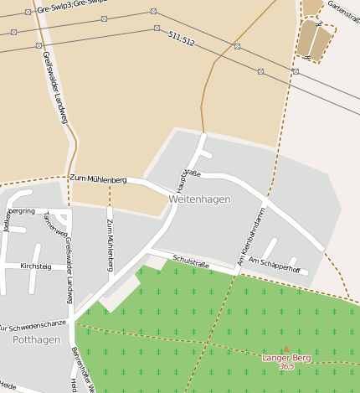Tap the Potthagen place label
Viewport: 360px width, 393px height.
pyautogui.click(x=36, y=339)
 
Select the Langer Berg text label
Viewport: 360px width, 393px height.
pyautogui.click(x=286, y=358)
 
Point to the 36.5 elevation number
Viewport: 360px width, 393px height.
pyautogui.click(x=287, y=366)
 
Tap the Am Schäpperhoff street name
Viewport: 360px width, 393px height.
pyautogui.click(x=274, y=266)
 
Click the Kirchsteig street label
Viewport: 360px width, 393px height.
pyautogui.click(x=35, y=266)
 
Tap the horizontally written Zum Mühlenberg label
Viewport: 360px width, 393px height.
pyautogui.click(x=98, y=179)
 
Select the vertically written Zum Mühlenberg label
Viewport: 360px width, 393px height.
pyautogui.click(x=110, y=245)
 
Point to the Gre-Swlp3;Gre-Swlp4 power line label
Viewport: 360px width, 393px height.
pyautogui.click(x=71, y=4)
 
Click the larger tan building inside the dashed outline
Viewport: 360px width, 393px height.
pyautogui.click(x=308, y=38)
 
